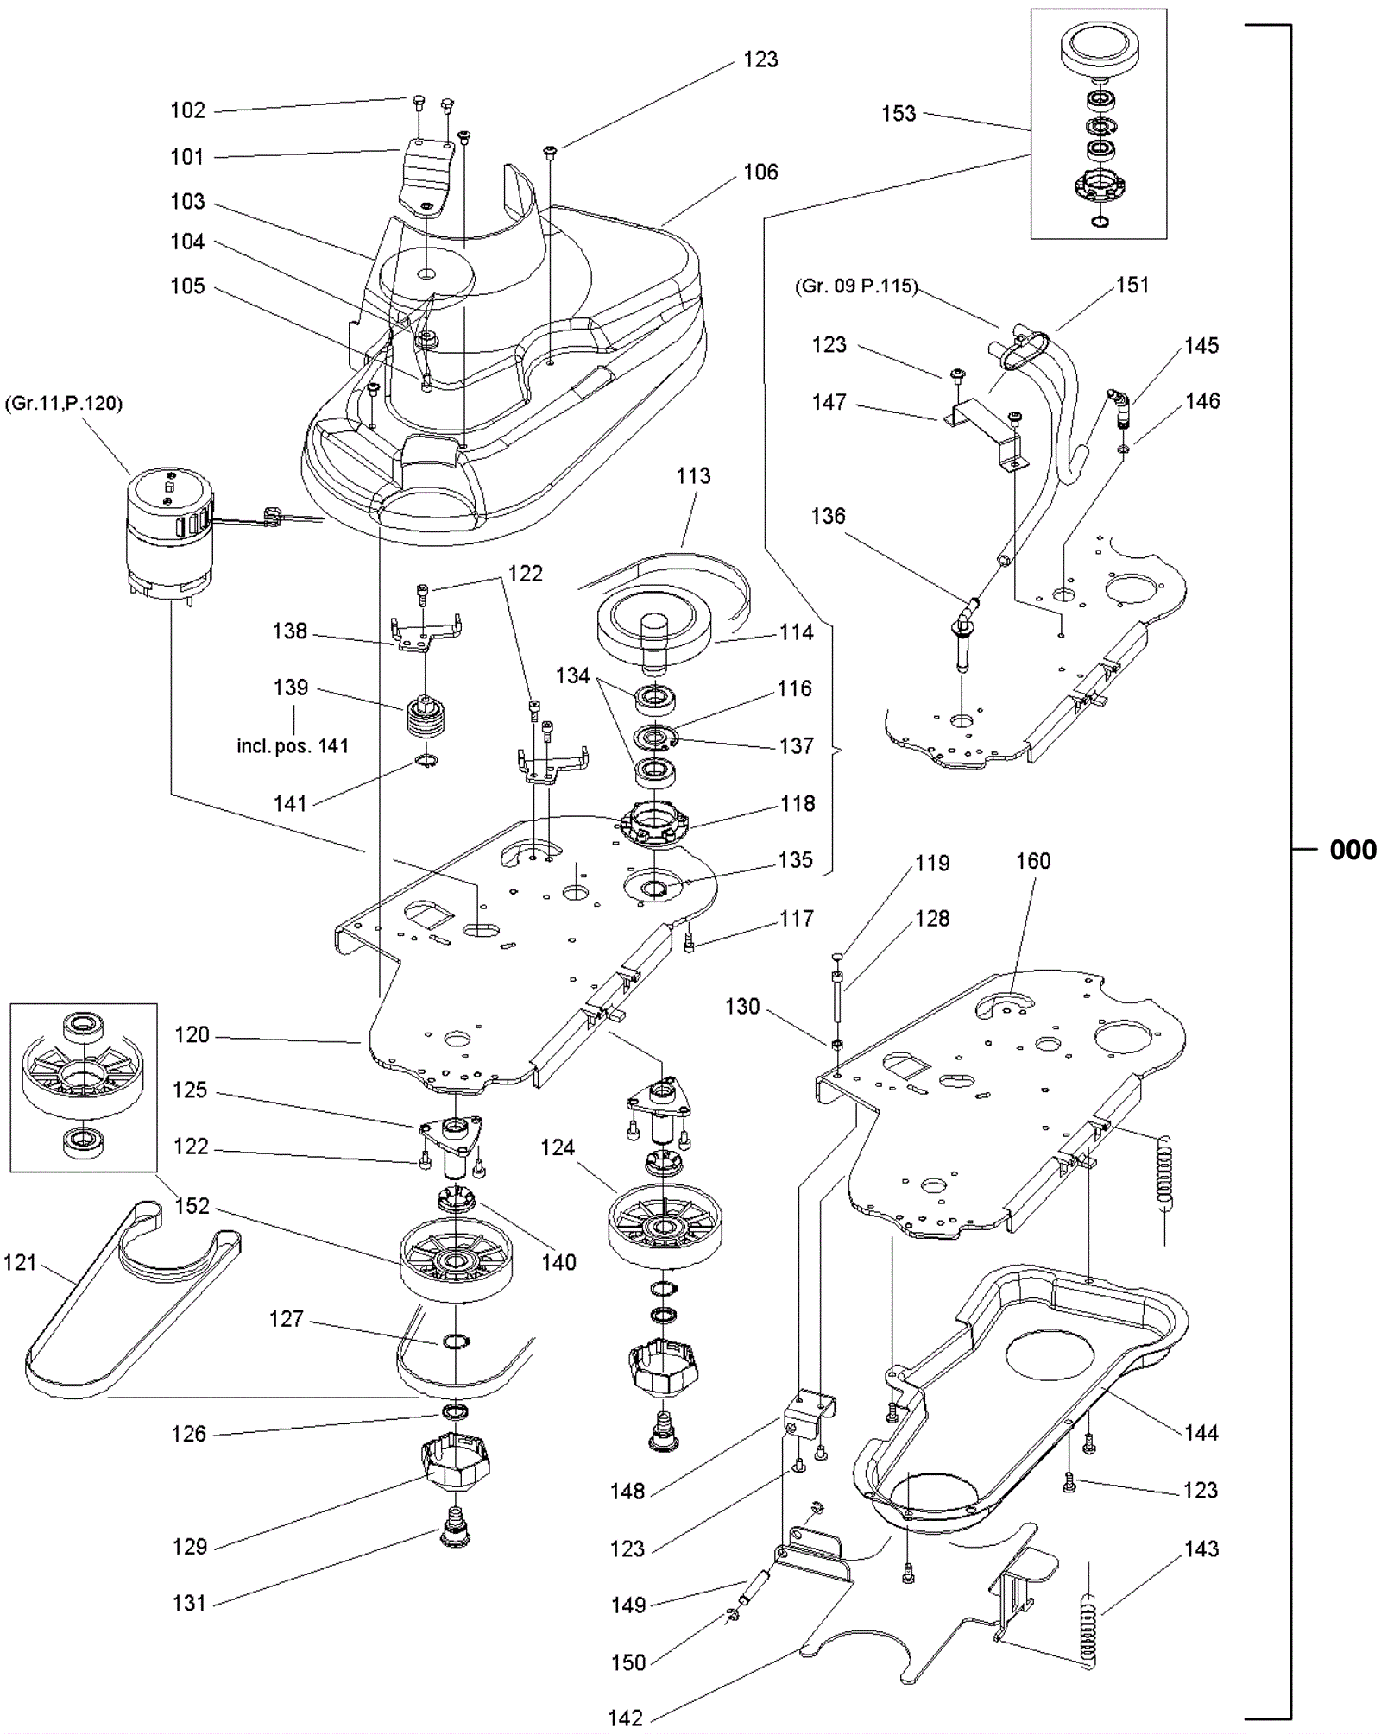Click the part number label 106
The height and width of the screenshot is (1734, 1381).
[x=760, y=173]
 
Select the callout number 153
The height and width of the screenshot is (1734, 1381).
[x=898, y=114]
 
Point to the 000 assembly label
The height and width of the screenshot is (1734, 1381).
[x=1353, y=850]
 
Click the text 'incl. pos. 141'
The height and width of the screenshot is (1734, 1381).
[x=293, y=746]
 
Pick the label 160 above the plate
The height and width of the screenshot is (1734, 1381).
[x=1032, y=861]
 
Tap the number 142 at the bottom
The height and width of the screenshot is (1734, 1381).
[x=625, y=1718]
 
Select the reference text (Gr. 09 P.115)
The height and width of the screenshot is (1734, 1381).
[x=855, y=286]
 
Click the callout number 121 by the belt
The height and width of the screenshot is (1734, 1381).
[x=20, y=1263]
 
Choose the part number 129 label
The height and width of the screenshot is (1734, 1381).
[x=189, y=1547]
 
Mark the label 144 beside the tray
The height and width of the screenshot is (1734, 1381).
[x=1201, y=1433]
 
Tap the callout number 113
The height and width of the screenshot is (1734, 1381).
[x=693, y=476]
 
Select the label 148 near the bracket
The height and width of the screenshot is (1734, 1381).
[x=627, y=1491]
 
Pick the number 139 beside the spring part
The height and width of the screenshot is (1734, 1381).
[x=290, y=688]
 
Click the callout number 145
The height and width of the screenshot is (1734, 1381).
[x=1201, y=346]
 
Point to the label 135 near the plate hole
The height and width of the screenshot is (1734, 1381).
[x=795, y=860]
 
